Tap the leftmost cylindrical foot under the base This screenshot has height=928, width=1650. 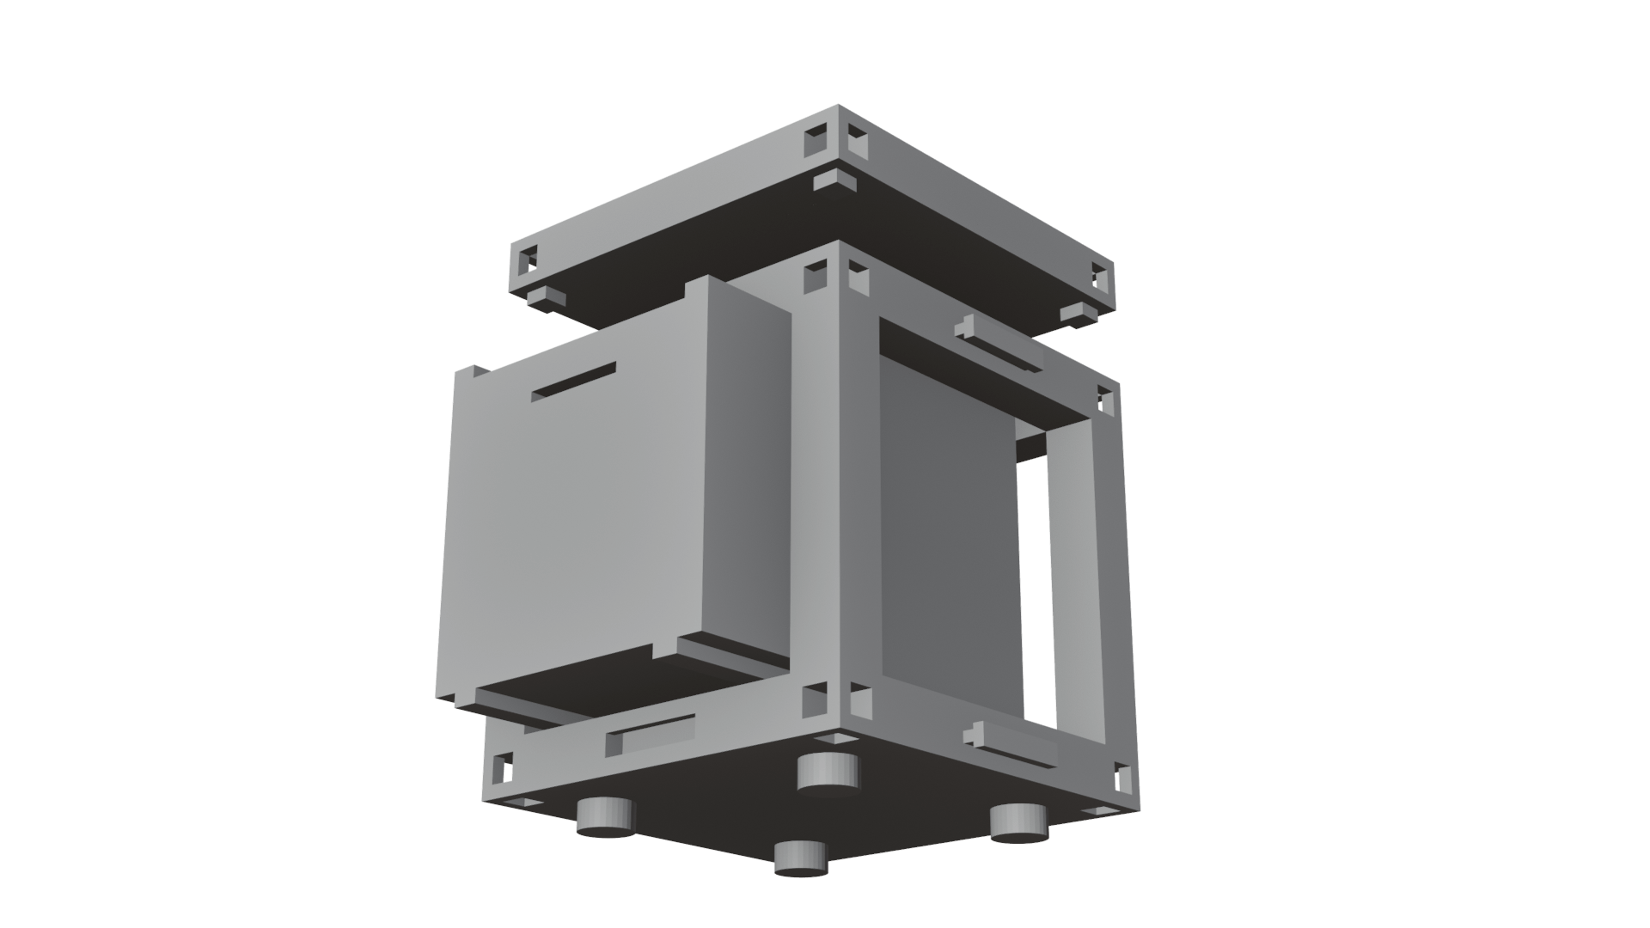tap(604, 815)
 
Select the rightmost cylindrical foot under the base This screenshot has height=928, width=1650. tap(1018, 823)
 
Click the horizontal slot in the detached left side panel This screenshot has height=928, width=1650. tap(574, 382)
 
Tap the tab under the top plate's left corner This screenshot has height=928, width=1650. tap(547, 298)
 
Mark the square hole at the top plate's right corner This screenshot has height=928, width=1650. tap(1100, 277)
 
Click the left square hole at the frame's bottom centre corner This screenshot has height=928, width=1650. tap(813, 701)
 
